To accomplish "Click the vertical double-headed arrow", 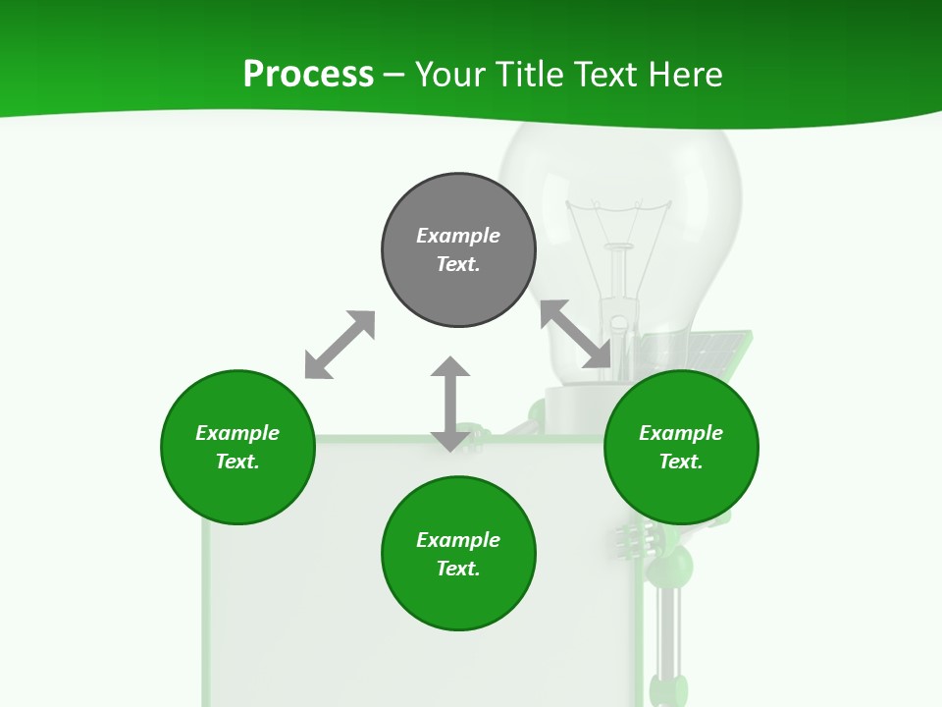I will coord(450,404).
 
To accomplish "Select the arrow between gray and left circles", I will coord(340,345).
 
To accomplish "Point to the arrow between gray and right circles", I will coord(576,335).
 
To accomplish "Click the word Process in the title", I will coord(308,75).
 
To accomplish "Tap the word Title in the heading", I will coord(526,75).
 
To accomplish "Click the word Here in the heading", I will coord(686,75).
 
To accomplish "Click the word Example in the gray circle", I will coord(458,236).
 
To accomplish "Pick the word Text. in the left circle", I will coord(237,462).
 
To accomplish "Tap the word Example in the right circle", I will coord(681,433).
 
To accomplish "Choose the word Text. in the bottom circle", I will coord(458,569).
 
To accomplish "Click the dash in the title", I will coord(394,75).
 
